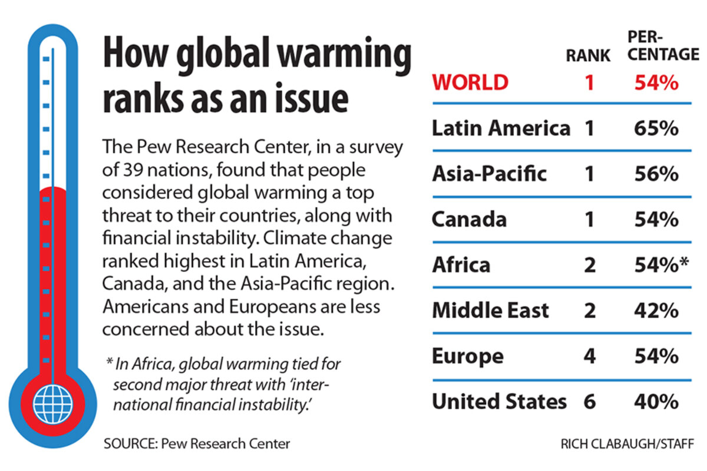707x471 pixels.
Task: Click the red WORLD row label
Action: pos(470,82)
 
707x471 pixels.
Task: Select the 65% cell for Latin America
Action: pos(656,128)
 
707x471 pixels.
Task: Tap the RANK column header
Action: pos(588,55)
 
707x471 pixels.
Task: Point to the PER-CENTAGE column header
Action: pos(661,45)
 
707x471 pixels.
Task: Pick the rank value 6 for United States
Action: pos(589,402)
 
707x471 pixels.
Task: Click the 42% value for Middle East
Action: pos(656,310)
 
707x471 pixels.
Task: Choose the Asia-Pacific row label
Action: pos(489,174)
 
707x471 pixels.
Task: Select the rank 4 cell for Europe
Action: pos(589,356)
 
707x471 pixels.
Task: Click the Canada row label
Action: pos(469,219)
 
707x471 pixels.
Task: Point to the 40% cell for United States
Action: pos(656,402)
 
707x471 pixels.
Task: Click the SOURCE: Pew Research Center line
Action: pos(196,443)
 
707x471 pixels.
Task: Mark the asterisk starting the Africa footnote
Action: pos(110,363)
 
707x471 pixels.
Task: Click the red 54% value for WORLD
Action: pos(656,82)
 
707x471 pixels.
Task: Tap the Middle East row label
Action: pos(490,310)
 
